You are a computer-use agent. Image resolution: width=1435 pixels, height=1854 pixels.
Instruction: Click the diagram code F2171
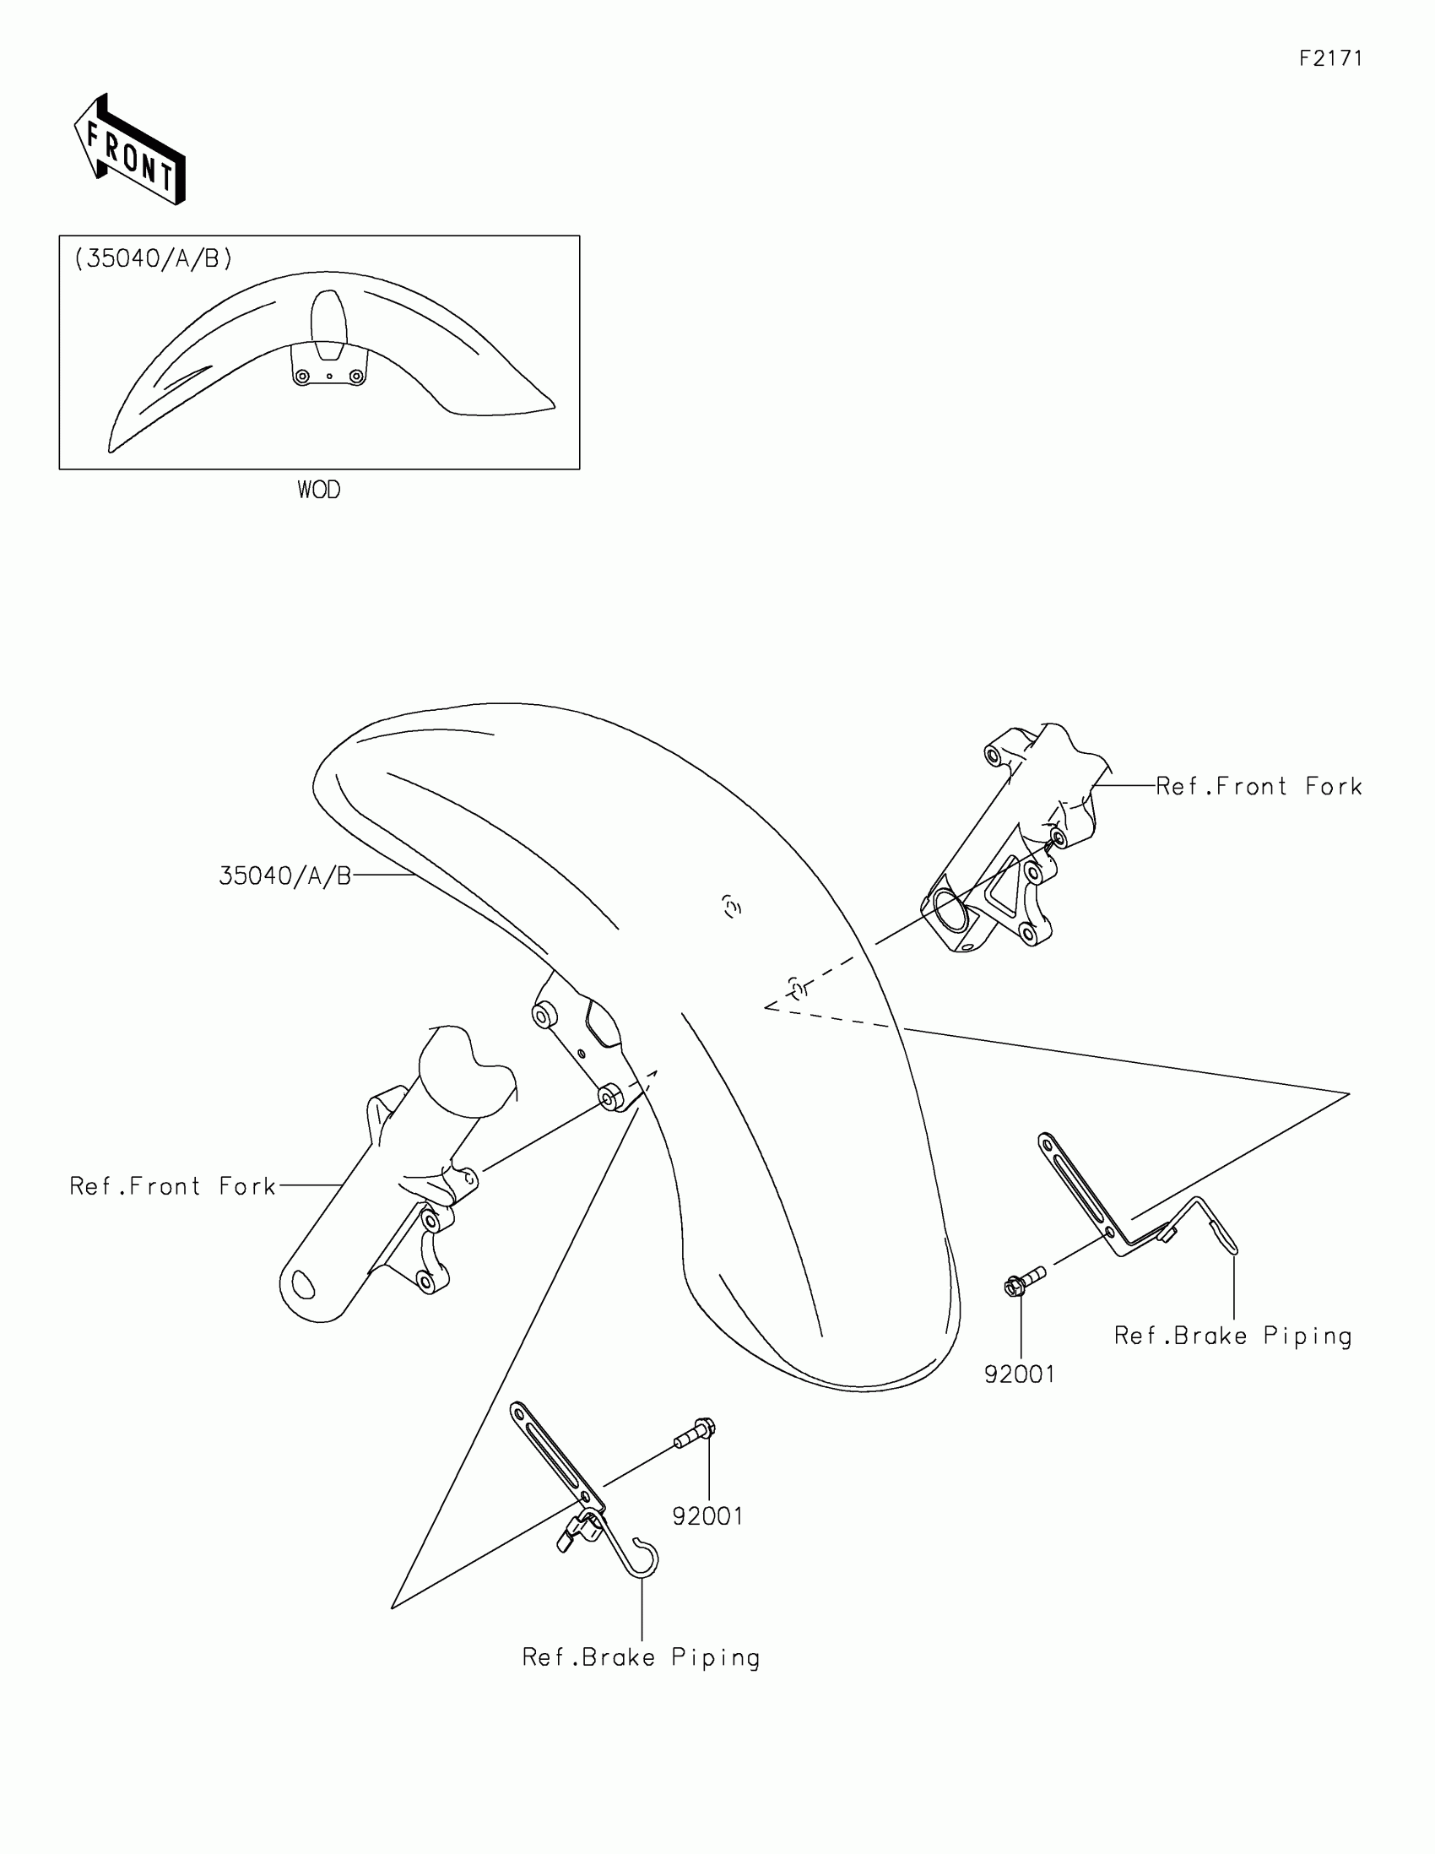(x=1329, y=58)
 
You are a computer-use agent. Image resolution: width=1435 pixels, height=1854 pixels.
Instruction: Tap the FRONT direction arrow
(x=130, y=151)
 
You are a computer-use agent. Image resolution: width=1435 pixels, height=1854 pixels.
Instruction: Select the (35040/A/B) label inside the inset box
(x=154, y=258)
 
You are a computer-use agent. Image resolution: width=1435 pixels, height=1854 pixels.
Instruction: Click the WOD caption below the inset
(x=318, y=490)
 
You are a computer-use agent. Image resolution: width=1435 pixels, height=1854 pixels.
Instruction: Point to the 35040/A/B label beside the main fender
(x=285, y=876)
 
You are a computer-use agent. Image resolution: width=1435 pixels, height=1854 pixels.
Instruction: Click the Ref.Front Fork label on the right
(x=1259, y=787)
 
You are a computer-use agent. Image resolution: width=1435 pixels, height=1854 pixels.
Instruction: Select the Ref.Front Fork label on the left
(x=172, y=1186)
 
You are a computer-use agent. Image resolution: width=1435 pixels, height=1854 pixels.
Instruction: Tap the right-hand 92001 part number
(x=1019, y=1374)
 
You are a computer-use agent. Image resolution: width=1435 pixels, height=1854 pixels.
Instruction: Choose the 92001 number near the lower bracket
(x=707, y=1516)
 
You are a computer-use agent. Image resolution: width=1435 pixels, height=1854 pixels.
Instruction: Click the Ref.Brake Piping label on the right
(x=1232, y=1336)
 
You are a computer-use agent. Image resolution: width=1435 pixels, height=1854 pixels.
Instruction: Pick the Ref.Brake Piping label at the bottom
(x=641, y=1657)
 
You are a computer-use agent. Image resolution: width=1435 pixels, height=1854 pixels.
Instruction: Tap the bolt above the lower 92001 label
(x=695, y=1434)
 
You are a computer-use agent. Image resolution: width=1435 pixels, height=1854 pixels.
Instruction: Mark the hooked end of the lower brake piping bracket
(x=644, y=1559)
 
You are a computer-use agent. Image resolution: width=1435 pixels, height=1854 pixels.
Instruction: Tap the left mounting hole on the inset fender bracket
(x=302, y=376)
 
